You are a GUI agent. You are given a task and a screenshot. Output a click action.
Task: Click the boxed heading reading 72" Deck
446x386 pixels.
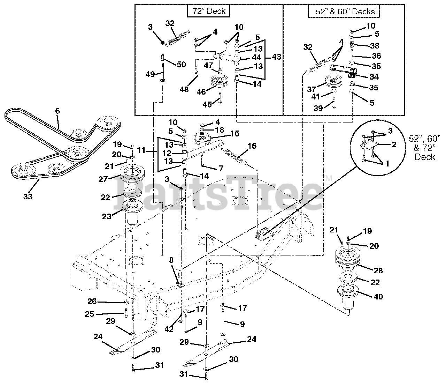(x=209, y=11)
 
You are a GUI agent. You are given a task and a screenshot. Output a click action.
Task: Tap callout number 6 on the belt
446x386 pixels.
(x=57, y=111)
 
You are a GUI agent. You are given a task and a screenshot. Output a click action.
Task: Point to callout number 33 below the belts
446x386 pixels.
(x=28, y=196)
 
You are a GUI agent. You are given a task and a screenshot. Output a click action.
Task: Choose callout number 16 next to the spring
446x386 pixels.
(x=252, y=146)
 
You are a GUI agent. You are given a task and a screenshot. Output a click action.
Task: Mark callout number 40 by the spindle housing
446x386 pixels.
(x=378, y=297)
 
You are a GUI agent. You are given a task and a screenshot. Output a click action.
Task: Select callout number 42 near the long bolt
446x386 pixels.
(x=169, y=329)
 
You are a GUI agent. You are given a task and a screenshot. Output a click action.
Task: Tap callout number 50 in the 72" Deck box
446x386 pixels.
(x=181, y=64)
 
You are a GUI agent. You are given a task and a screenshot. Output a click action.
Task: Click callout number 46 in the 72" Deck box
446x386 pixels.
(x=201, y=92)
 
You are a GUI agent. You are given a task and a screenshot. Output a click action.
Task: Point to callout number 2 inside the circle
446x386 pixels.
(x=394, y=144)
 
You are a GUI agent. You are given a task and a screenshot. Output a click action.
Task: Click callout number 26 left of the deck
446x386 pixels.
(x=92, y=301)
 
